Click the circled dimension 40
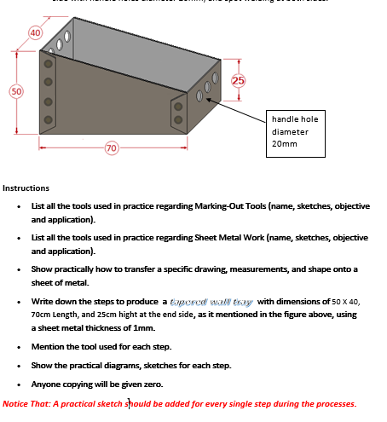pyautogui.click(x=35, y=33)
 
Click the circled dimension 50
pyautogui.click(x=16, y=90)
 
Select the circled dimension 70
pyautogui.click(x=111, y=149)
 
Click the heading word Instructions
pyautogui.click(x=26, y=188)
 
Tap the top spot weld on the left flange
pyautogui.click(x=49, y=64)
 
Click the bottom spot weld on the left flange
pyautogui.click(x=49, y=119)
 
